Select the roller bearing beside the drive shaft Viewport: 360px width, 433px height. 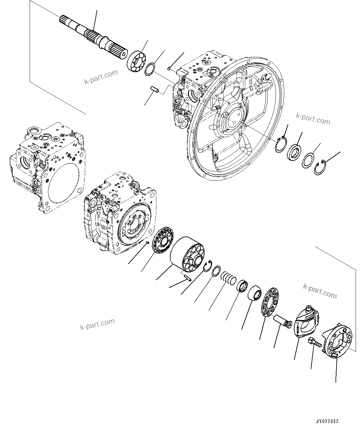[x=136, y=62]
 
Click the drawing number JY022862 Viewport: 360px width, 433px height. [x=327, y=421]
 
